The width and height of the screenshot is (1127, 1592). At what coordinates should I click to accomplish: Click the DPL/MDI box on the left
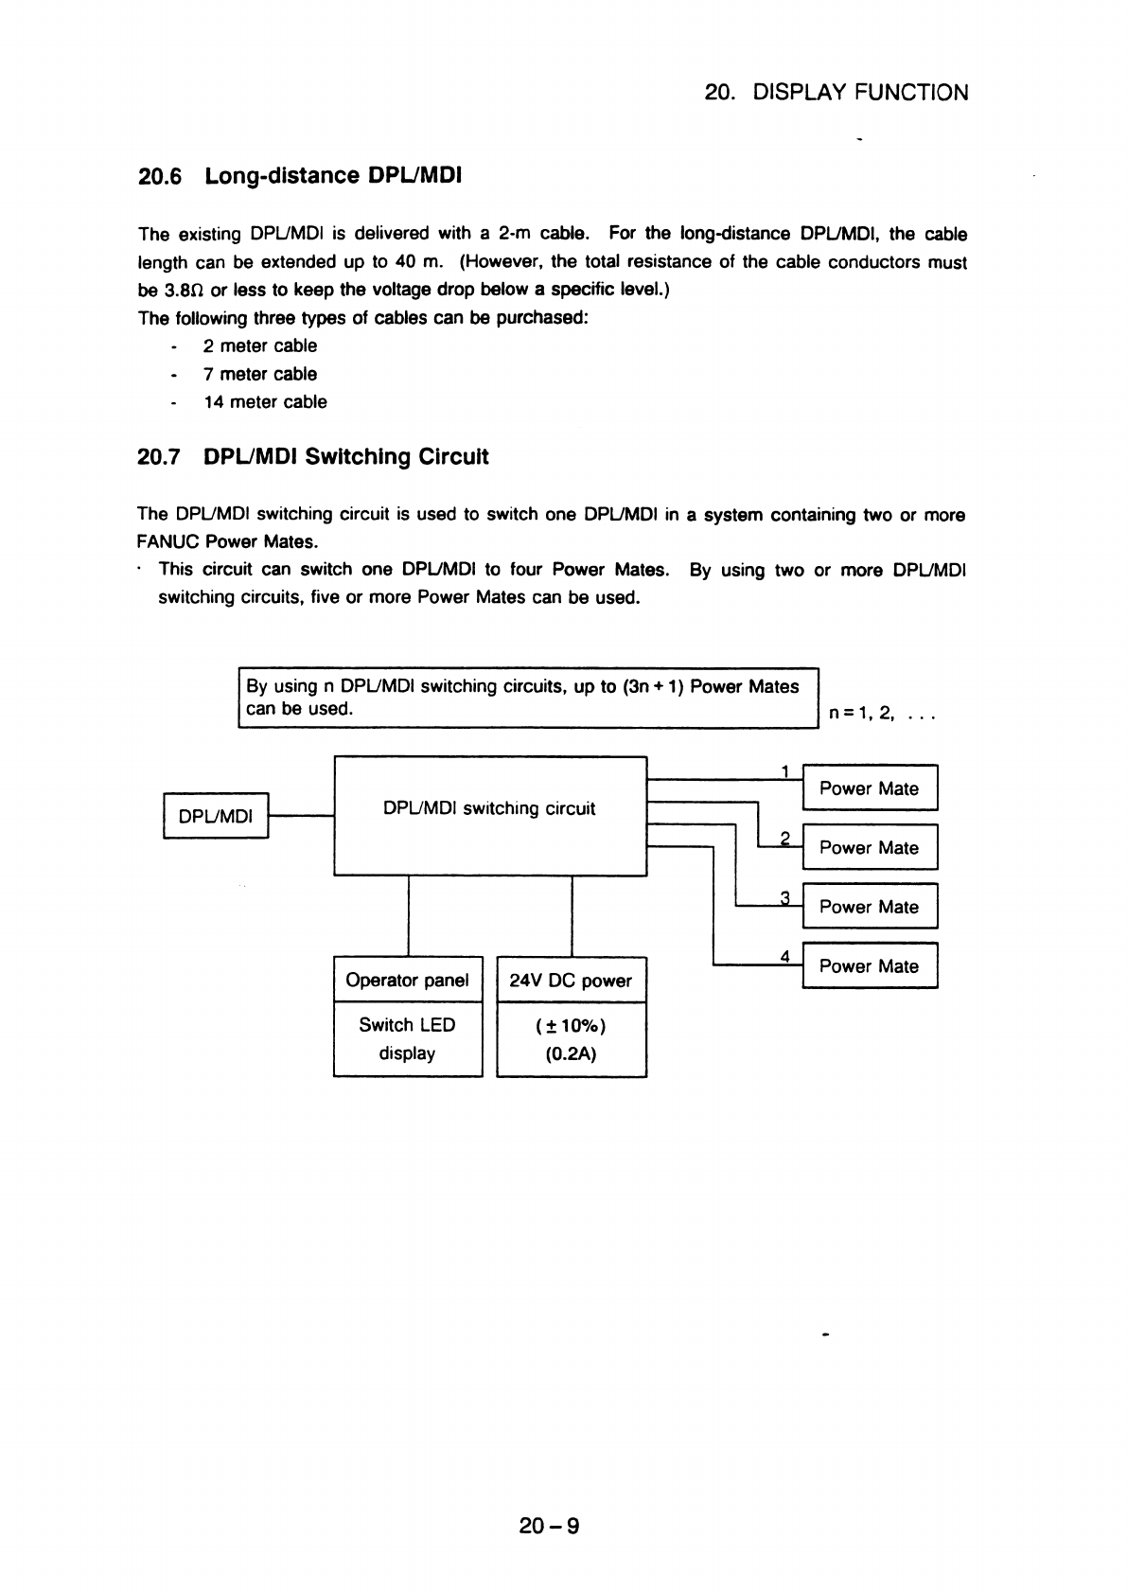(217, 816)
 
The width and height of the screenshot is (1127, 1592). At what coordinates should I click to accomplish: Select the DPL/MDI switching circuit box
(489, 815)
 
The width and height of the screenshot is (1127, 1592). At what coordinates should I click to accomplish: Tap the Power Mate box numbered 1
(869, 788)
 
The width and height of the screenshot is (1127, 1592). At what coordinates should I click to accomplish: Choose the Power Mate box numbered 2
(869, 847)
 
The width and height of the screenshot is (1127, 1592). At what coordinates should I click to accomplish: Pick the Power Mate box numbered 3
(869, 907)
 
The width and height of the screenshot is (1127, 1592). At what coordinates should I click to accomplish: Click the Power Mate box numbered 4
(869, 966)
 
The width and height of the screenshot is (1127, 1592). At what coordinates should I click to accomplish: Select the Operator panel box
(408, 981)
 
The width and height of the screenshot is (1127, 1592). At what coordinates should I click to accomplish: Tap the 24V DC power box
(571, 981)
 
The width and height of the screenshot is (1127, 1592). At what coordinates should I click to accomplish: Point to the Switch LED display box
(408, 1039)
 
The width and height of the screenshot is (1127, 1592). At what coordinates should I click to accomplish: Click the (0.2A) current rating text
(571, 1053)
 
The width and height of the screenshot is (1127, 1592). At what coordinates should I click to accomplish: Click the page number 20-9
(549, 1525)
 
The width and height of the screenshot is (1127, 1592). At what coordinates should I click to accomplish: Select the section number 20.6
(158, 176)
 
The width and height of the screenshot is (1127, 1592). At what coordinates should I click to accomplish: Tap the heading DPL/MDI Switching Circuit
(346, 457)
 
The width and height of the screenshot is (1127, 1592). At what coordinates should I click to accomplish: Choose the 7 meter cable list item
(260, 374)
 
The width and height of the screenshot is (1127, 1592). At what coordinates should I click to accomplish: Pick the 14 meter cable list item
(265, 402)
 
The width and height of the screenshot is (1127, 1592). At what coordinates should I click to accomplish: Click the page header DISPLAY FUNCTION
(860, 93)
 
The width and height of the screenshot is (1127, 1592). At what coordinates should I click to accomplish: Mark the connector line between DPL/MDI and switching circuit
(302, 815)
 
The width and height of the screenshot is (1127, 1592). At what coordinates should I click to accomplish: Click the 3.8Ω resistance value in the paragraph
(171, 290)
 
